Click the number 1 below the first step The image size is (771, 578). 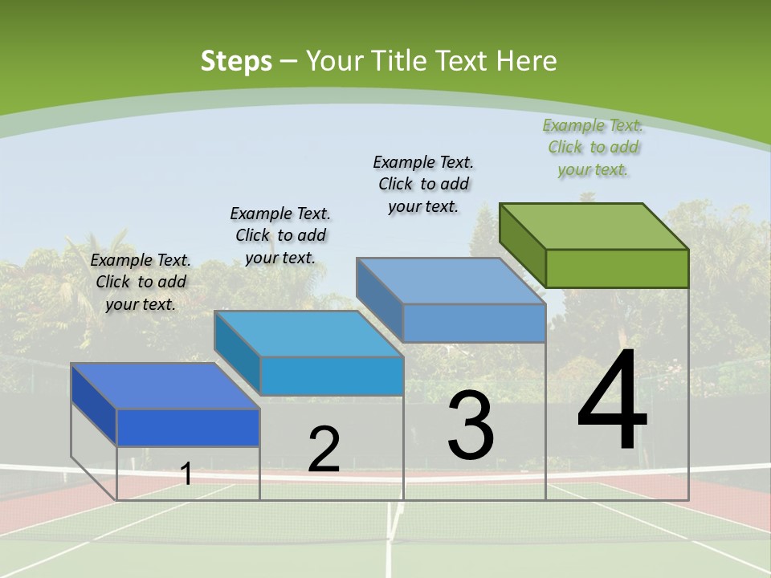186,474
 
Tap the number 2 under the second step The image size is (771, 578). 324,450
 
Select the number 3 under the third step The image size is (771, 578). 471,426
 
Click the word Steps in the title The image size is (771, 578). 236,61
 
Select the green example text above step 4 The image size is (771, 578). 593,148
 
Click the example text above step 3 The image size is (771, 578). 424,184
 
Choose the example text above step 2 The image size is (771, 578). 280,235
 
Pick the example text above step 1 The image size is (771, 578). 141,282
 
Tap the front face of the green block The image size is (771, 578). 617,268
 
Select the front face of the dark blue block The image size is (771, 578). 188,427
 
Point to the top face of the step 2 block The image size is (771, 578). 308,333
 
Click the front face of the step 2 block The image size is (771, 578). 332,376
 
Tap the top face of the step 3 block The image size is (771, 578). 451,281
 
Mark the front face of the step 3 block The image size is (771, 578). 474,323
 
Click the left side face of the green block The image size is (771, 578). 522,244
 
